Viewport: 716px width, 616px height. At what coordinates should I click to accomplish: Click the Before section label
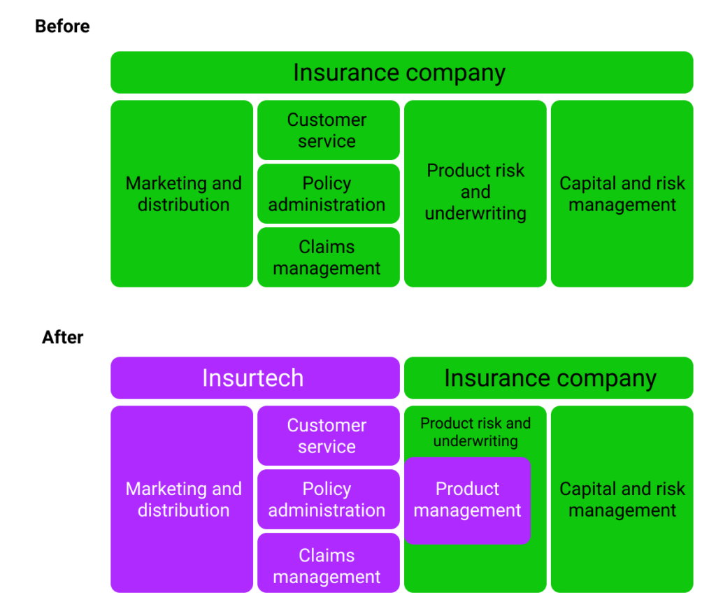(62, 27)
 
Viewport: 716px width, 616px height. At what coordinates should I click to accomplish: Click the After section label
(62, 337)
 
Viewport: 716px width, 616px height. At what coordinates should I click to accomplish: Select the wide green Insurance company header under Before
(401, 73)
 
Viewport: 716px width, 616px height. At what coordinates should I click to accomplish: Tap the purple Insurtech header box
(255, 378)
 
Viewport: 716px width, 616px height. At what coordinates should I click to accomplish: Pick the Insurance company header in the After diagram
(549, 378)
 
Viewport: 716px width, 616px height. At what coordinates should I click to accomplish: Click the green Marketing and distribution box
(182, 194)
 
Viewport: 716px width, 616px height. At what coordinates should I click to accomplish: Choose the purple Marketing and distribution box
(182, 499)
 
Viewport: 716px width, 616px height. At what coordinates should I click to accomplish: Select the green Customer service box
(328, 130)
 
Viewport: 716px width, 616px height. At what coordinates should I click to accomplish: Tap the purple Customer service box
(328, 436)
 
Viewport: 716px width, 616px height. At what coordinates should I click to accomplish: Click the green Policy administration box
(328, 194)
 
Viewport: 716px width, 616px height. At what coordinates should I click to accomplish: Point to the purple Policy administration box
(328, 499)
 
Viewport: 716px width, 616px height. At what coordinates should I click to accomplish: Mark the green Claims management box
(328, 257)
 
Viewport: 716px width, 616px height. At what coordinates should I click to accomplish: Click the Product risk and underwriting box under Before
(475, 194)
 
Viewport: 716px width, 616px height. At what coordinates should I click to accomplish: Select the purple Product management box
(468, 501)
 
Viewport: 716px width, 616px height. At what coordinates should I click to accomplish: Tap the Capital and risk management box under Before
(622, 194)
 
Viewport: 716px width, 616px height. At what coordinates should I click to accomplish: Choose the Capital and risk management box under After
(622, 499)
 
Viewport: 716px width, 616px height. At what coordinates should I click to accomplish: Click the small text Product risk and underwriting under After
(475, 432)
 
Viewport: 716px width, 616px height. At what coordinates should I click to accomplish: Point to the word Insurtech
(253, 378)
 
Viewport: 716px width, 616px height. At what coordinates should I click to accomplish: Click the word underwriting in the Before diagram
(475, 213)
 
